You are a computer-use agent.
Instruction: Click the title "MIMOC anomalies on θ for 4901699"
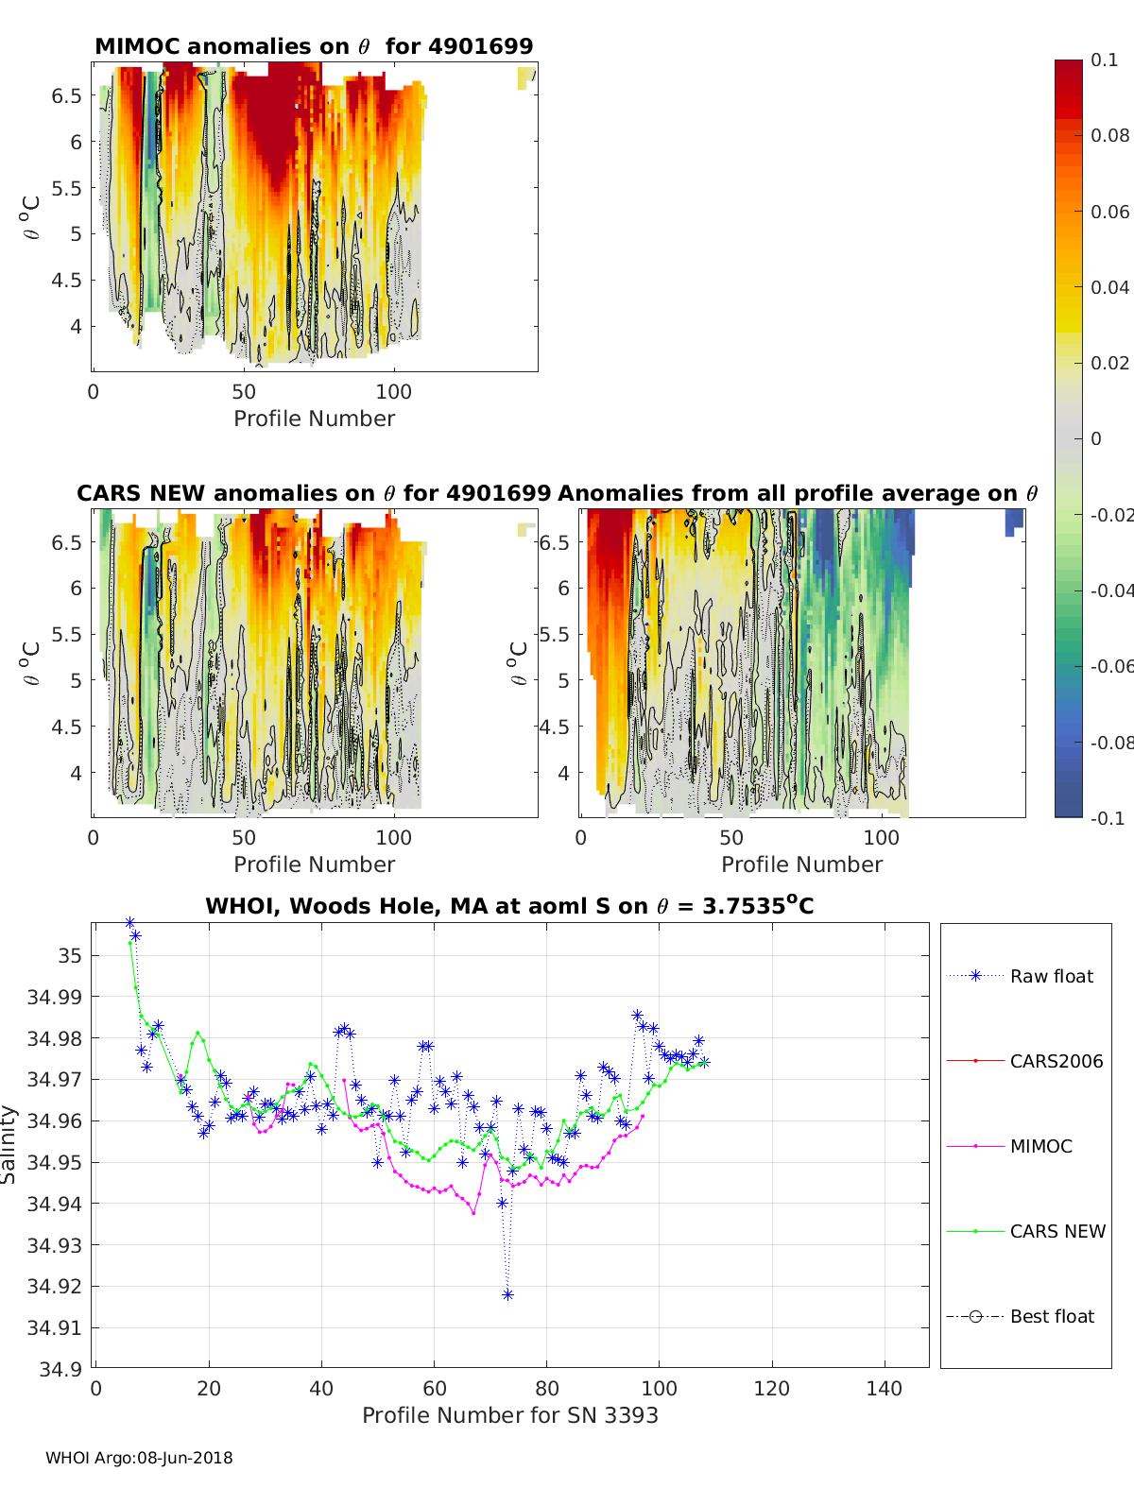click(x=314, y=46)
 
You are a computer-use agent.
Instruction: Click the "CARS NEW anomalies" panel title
click(x=313, y=493)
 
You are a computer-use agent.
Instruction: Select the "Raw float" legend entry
click(x=1051, y=976)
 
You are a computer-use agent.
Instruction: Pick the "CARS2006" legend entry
click(x=1056, y=1061)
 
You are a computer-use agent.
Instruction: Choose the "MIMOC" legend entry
click(x=1040, y=1146)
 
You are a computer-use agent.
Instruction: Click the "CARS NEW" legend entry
click(x=1057, y=1231)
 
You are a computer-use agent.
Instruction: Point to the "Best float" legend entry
click(x=1051, y=1316)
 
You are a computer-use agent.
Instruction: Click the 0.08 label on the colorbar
click(x=1109, y=135)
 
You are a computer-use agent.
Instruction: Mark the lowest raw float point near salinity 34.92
click(x=507, y=1294)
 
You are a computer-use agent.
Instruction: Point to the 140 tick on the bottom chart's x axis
click(x=885, y=1388)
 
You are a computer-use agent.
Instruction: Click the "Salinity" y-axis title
click(x=9, y=1144)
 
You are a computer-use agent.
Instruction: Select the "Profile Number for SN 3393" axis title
click(x=509, y=1415)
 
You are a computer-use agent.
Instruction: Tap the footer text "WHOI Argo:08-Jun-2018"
click(x=139, y=1458)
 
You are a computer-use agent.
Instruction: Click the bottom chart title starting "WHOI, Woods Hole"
click(x=509, y=906)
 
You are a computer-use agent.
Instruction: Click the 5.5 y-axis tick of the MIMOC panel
click(x=67, y=188)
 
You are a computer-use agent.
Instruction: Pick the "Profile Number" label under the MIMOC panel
click(x=314, y=419)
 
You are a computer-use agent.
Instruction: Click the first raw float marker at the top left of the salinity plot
click(x=129, y=922)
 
